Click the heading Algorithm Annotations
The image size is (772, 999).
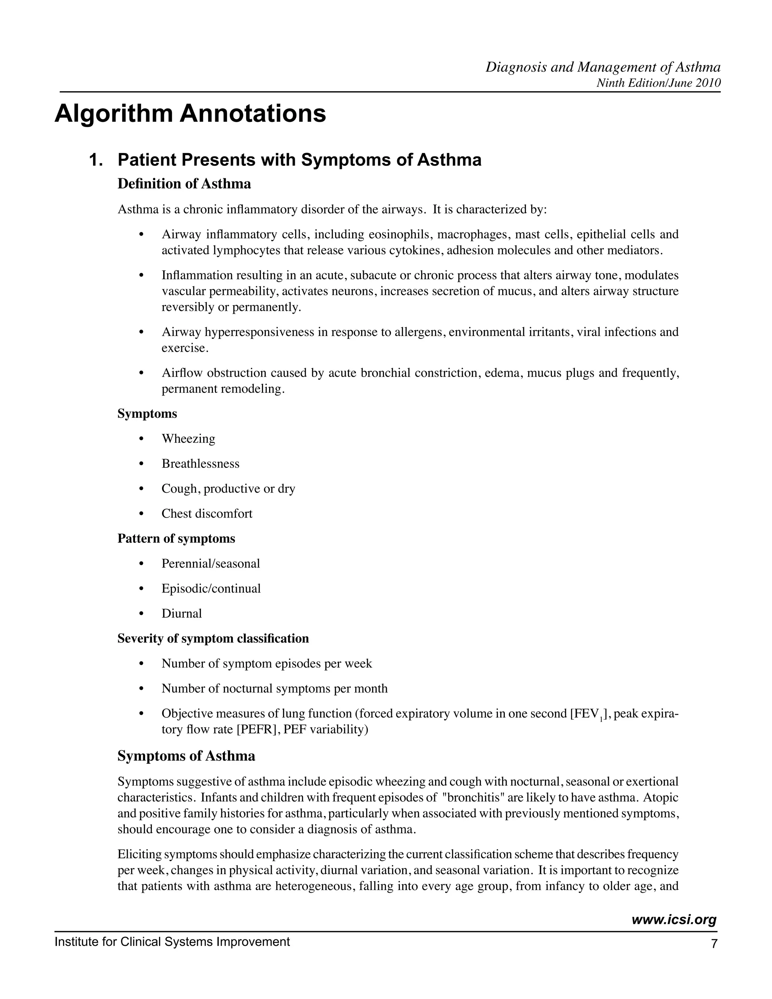(190, 114)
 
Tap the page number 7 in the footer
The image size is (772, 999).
(714, 944)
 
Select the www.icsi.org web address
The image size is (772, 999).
(674, 919)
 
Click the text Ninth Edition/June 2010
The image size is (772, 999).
(659, 83)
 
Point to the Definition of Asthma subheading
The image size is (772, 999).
(184, 184)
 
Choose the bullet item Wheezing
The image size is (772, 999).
(188, 439)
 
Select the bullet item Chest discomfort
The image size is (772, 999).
(207, 514)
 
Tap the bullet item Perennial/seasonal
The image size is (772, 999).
(210, 564)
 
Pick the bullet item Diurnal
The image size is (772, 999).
(182, 613)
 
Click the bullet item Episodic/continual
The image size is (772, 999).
(211, 589)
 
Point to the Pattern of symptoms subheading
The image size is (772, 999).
(176, 539)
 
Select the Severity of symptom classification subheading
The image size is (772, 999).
(213, 639)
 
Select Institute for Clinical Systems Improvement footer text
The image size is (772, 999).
(172, 942)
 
